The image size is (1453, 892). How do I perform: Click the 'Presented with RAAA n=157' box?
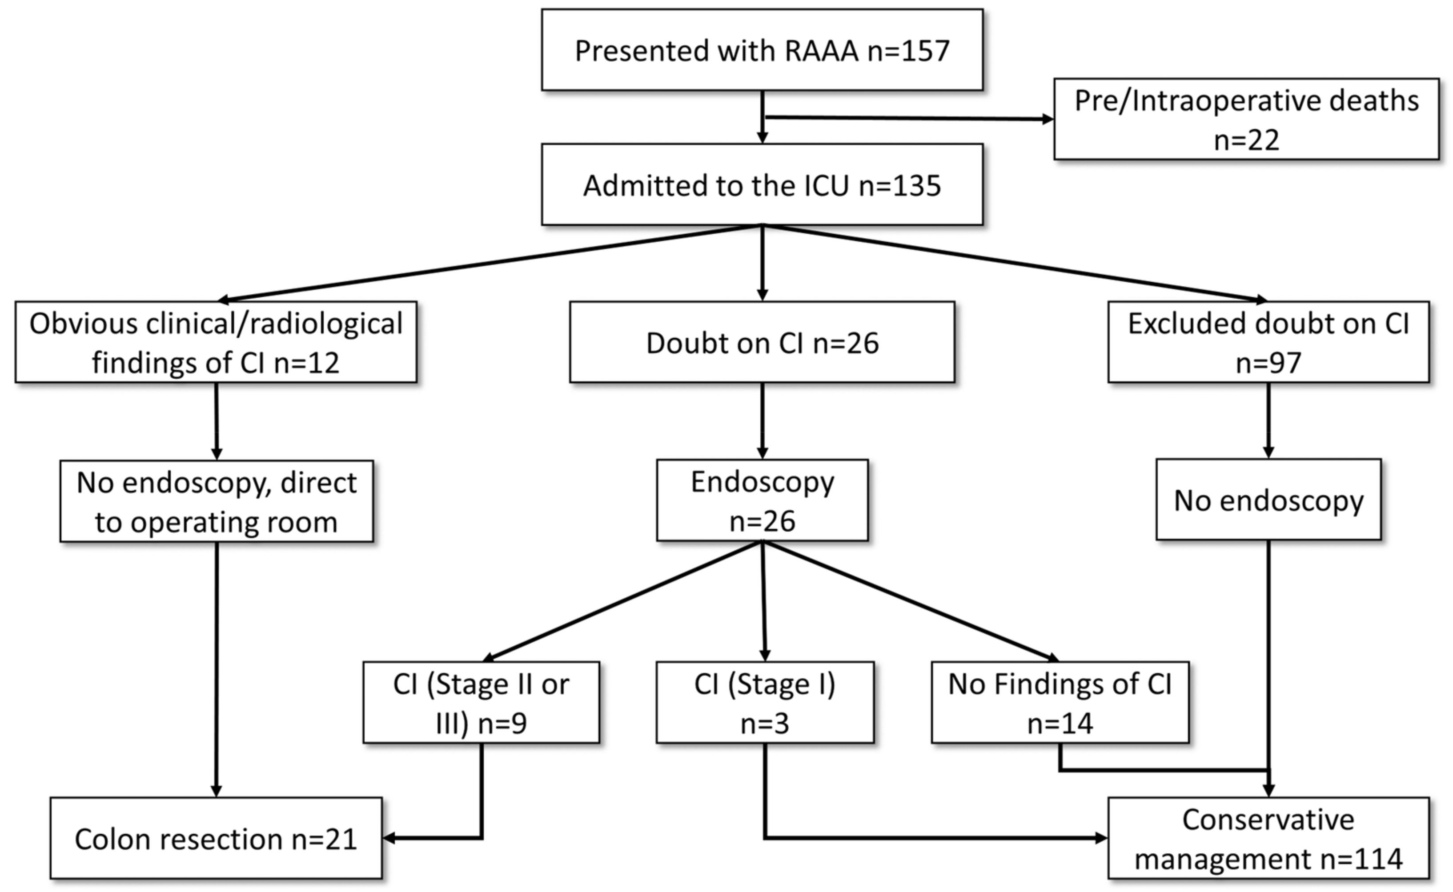[x=762, y=50]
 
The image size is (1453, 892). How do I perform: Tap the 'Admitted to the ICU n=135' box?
[x=762, y=184]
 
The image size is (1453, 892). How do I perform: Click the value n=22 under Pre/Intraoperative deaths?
[x=1246, y=140]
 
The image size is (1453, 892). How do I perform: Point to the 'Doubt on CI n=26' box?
[x=762, y=343]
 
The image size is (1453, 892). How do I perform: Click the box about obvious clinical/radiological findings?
[x=216, y=342]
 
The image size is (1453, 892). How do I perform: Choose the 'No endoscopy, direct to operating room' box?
[x=217, y=501]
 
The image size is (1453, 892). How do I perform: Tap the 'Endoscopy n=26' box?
[x=762, y=500]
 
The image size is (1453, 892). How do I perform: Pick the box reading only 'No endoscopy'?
[x=1268, y=500]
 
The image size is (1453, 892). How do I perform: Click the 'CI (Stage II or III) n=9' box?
[x=481, y=703]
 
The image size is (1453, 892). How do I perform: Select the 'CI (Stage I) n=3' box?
[x=765, y=703]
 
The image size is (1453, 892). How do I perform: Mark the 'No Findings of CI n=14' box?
[x=1060, y=703]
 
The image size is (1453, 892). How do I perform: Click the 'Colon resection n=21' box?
[x=216, y=838]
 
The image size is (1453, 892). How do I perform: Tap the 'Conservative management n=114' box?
[x=1268, y=838]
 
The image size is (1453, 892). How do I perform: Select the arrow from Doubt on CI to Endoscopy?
[x=762, y=420]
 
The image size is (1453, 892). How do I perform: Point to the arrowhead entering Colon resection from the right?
[x=389, y=838]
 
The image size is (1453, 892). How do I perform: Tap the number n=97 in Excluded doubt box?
[x=1268, y=362]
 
